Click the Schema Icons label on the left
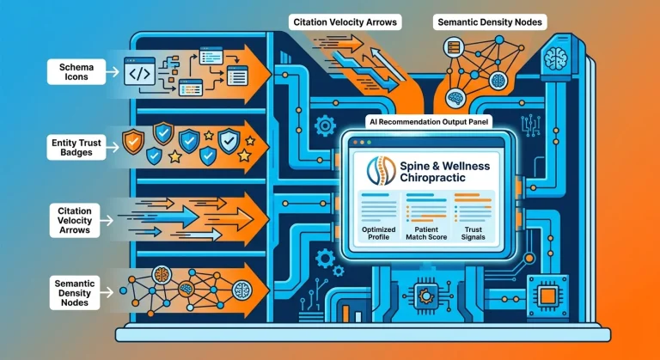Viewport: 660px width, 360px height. [76, 72]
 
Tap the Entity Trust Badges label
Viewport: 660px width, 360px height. [76, 148]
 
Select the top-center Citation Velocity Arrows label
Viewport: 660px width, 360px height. [345, 22]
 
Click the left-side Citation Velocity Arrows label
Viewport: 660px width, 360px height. [75, 220]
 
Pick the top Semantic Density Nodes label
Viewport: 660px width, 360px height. [490, 22]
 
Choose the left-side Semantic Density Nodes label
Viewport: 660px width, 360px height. [75, 293]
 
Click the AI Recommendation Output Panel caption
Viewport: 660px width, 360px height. [429, 122]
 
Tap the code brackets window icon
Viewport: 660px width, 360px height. [139, 71]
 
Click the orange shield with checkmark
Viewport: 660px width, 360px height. [133, 142]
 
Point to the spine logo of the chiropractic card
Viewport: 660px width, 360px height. [381, 171]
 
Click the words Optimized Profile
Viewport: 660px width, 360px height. [379, 233]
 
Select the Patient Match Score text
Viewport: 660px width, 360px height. [426, 233]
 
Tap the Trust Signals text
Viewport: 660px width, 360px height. [474, 233]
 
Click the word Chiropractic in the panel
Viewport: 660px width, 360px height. [433, 178]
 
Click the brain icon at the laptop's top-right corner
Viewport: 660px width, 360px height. [556, 57]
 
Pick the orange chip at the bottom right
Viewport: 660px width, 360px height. [547, 296]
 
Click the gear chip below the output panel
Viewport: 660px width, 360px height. [425, 296]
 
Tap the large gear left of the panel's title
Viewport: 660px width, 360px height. [325, 125]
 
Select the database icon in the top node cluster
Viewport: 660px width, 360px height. [454, 47]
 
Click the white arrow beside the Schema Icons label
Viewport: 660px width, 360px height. [113, 72]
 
